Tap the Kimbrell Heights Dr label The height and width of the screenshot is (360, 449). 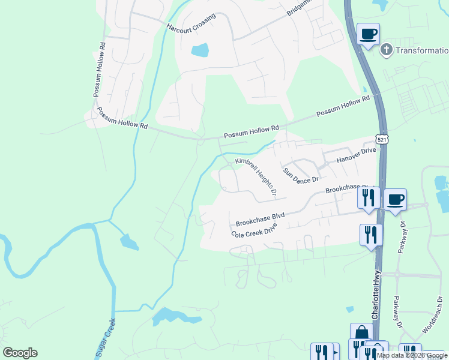tap(255, 177)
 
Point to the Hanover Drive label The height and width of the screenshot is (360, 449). tap(356, 157)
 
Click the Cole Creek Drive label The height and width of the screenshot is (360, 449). tap(256, 232)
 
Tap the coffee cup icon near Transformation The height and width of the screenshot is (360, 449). tap(368, 33)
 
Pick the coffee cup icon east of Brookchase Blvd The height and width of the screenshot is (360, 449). tap(395, 199)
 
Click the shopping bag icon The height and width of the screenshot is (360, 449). tap(361, 333)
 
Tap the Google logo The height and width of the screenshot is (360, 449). tap(20, 352)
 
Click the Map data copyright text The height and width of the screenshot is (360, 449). tap(411, 355)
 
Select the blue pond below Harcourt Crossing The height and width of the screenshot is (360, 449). tap(199, 50)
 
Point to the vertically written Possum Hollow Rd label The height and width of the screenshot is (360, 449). tap(100, 70)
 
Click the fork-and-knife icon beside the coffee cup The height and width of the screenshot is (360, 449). tap(369, 197)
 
